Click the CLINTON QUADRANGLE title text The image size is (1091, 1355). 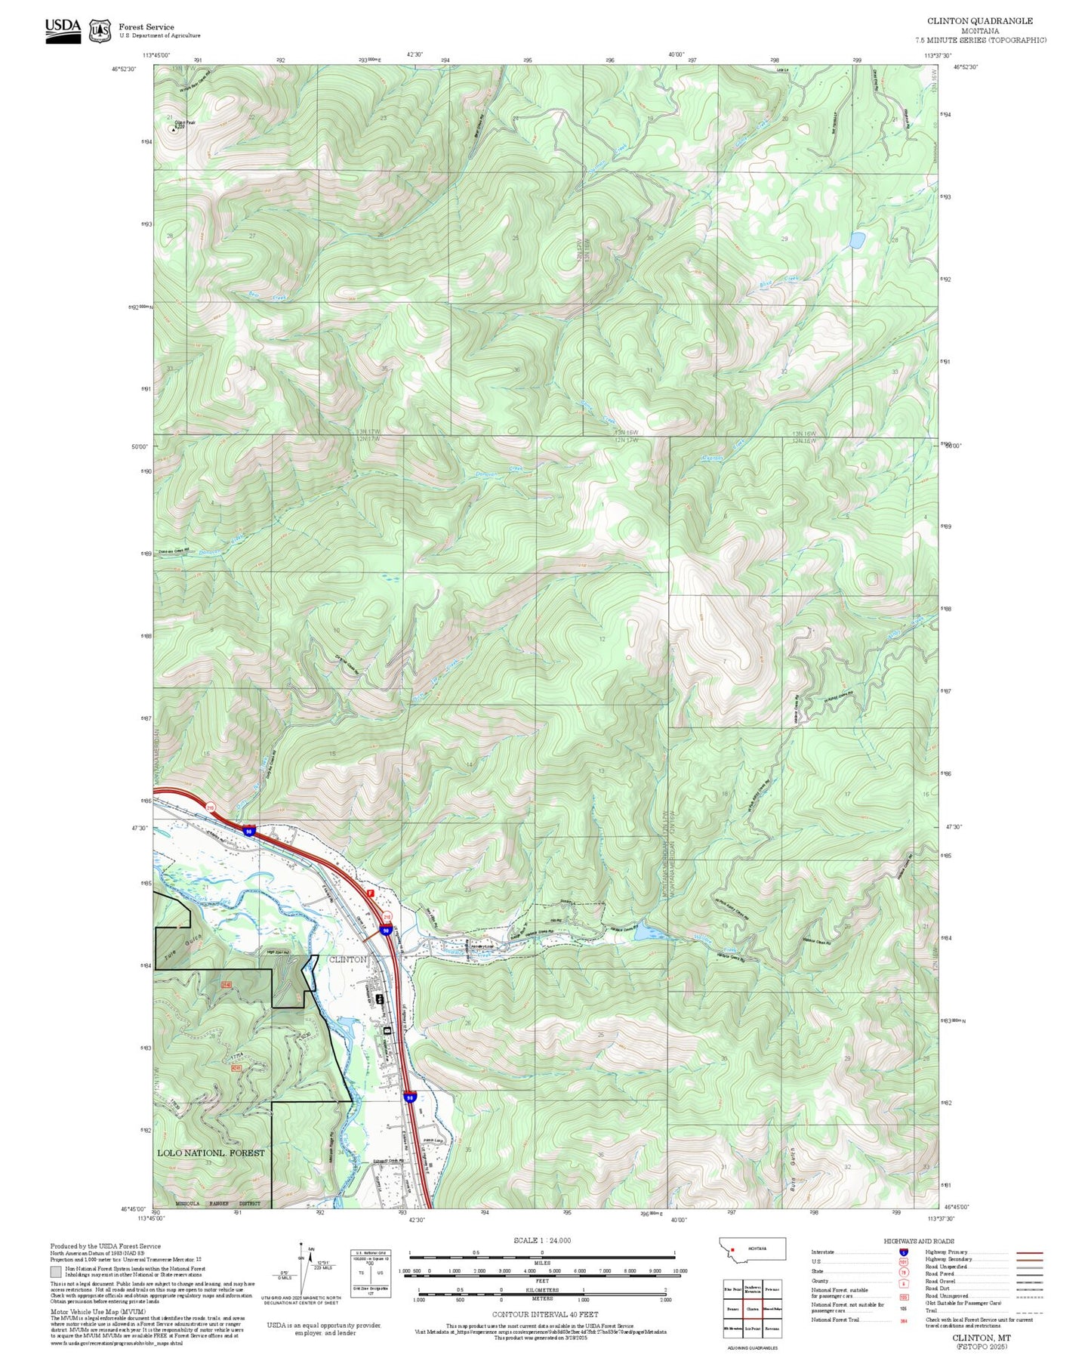coord(979,20)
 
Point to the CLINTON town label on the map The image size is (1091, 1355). coord(348,959)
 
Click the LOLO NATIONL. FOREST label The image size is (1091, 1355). coord(211,1153)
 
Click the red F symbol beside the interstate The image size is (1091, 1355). coord(370,893)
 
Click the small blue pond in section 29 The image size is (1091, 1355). coord(856,240)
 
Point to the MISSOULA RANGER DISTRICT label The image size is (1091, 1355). coord(217,1204)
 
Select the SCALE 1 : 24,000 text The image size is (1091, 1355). coord(541,1240)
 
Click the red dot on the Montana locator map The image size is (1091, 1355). coord(732,1249)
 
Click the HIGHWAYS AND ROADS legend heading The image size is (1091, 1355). coord(919,1241)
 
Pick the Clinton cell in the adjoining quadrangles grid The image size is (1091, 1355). coord(752,1309)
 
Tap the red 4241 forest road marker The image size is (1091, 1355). coord(237,1068)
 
